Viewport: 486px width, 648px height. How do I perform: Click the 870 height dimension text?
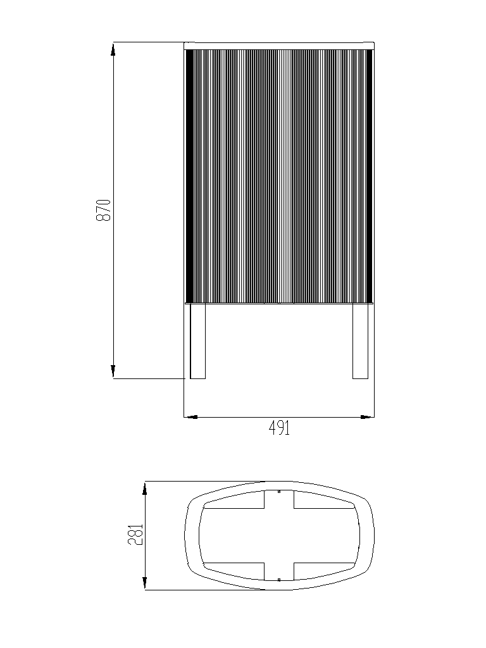(x=104, y=210)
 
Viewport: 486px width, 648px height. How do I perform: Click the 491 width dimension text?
(x=279, y=428)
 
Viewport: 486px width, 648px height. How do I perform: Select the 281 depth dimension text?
(x=135, y=535)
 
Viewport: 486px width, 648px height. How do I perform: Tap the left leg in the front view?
(x=197, y=341)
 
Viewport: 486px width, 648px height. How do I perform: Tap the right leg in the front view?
(x=360, y=341)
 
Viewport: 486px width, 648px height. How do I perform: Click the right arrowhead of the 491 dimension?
(x=368, y=417)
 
